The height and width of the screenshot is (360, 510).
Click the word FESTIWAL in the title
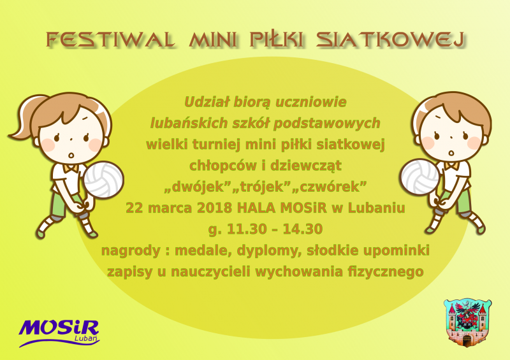(110, 40)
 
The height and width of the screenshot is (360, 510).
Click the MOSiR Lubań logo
(59, 333)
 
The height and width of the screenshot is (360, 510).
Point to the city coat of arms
(467, 322)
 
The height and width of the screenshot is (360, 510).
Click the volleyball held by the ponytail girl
(103, 180)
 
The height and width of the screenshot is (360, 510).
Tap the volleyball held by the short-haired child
(420, 177)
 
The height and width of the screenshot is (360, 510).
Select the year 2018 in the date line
(214, 208)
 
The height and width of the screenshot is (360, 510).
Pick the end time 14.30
(302, 229)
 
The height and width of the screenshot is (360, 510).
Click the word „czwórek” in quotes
(330, 187)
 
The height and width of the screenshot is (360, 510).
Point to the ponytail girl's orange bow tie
(71, 168)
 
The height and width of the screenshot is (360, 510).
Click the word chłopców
(224, 166)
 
